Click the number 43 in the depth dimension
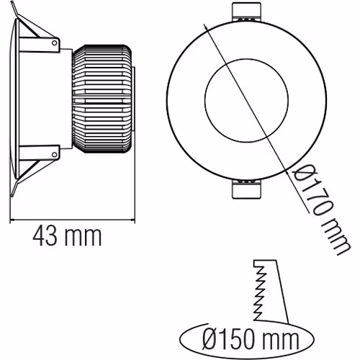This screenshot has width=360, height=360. [45, 235]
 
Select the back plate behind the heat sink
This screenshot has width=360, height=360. [134, 100]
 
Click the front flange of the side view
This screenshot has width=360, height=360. [15, 101]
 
